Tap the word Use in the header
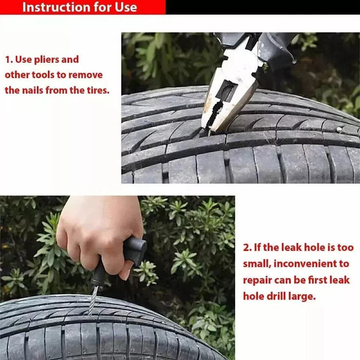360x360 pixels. [x=125, y=7]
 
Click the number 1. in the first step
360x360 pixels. [x=9, y=60]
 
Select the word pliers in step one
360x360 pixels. [x=49, y=60]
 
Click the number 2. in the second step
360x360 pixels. [x=247, y=247]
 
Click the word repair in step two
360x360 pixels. [x=258, y=280]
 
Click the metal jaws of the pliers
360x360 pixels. [x=226, y=103]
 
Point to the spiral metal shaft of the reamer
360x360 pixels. [x=93, y=297]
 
